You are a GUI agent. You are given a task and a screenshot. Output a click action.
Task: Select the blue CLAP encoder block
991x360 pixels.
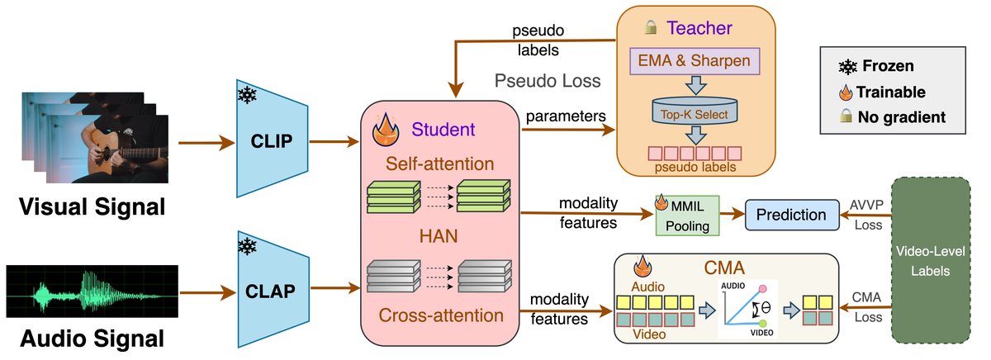coord(272,291)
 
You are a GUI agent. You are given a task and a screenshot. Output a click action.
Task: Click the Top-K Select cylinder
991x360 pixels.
coord(695,113)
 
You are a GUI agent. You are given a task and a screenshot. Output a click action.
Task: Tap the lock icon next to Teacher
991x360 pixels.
coord(652,29)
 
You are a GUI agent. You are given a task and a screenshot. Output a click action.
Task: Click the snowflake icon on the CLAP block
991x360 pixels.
coord(247,246)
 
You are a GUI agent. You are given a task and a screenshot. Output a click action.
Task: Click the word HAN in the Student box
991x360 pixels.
coord(438,237)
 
